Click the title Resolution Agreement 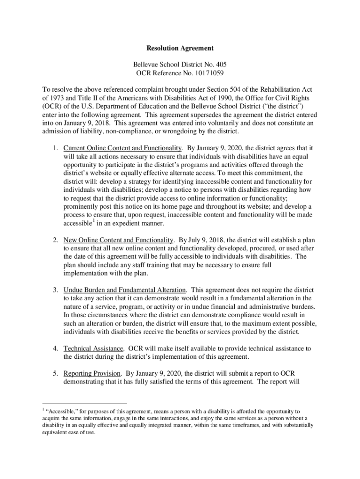tap(180, 48)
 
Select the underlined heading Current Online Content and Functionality tap(122, 148)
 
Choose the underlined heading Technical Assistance tap(94, 348)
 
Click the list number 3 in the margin tap(55, 290)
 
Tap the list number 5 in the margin tap(55, 373)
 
